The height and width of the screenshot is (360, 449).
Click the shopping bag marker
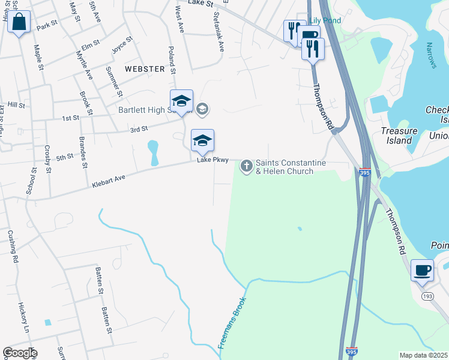pyautogui.click(x=19, y=23)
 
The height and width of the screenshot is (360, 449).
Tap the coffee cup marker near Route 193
pyautogui.click(x=422, y=270)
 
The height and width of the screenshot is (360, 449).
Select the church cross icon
pyautogui.click(x=247, y=166)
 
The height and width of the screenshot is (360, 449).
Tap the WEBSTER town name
pyautogui.click(x=145, y=69)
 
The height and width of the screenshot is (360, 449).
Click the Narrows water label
pyautogui.click(x=430, y=55)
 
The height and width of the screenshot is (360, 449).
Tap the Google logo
pyautogui.click(x=20, y=353)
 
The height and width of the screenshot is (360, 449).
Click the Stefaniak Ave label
pyautogui.click(x=217, y=33)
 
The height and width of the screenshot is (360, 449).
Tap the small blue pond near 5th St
pyautogui.click(x=153, y=153)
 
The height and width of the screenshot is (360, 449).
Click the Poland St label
pyautogui.click(x=172, y=60)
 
